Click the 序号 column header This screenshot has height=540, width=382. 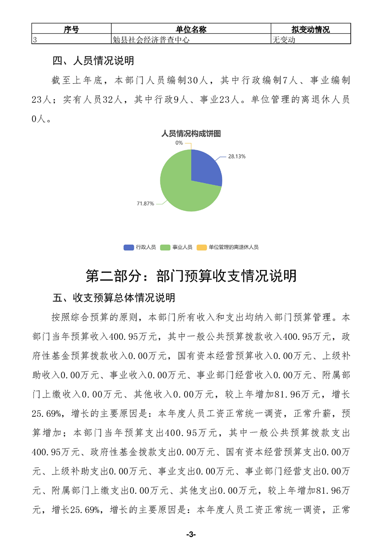click(71, 30)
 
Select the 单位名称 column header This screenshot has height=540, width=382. click(191, 30)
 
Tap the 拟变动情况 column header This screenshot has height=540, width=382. click(311, 30)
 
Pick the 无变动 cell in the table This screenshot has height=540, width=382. click(284, 40)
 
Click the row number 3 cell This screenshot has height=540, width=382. click(35, 40)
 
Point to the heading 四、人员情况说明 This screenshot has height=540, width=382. click(92, 61)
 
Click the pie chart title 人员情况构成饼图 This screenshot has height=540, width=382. click(191, 133)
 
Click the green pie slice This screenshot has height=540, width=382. click(183, 193)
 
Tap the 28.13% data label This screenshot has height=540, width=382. click(237, 156)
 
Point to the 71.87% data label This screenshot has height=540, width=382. click(145, 204)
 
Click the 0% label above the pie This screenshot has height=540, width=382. click(179, 142)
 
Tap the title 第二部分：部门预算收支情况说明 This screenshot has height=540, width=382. click(191, 276)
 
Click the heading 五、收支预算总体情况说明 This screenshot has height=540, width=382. click(113, 298)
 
